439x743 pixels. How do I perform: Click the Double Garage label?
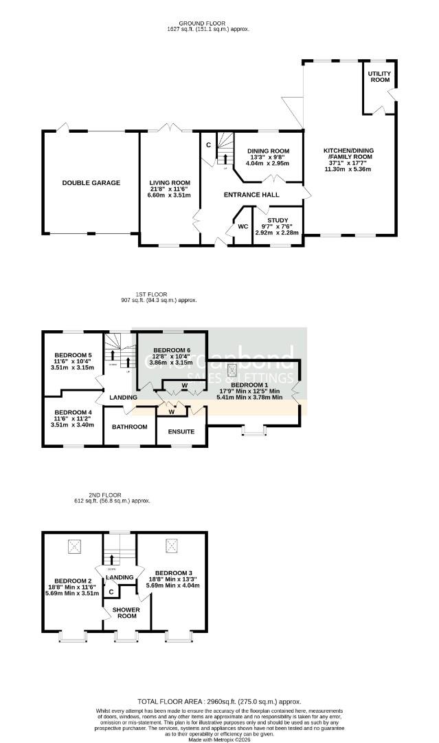[x=91, y=183]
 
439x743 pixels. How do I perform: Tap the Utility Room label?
[x=379, y=76]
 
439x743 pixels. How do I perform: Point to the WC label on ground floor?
[x=243, y=226]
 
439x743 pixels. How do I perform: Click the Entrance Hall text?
[x=251, y=195]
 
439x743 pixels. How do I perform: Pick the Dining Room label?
[x=267, y=151]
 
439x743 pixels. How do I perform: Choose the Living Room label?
[x=170, y=183]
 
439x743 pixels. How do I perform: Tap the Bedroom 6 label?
[x=171, y=351]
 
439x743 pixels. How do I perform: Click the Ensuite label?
[x=181, y=432]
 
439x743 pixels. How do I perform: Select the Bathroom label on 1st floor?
[x=130, y=427]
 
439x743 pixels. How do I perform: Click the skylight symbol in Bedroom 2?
[x=74, y=547]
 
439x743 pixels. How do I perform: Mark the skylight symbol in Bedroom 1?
[x=232, y=369]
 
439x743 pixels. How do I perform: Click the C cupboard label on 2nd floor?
[x=111, y=592]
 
